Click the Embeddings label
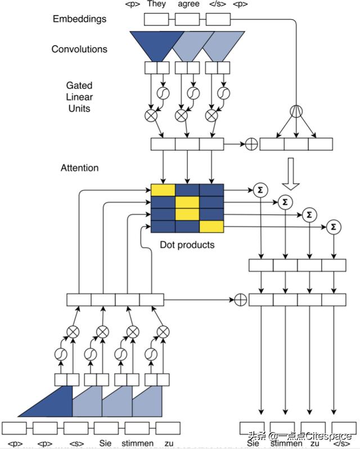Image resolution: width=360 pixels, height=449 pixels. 79,19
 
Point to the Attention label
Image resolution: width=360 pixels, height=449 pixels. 80,168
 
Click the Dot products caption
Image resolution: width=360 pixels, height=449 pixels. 187,245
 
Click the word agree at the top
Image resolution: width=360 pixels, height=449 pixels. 189,5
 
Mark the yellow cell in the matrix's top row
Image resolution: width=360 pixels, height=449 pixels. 163,190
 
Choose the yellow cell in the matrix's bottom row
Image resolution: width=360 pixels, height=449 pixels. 211,227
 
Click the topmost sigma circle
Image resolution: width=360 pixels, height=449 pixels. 260,188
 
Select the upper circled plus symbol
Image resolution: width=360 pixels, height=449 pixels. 251,144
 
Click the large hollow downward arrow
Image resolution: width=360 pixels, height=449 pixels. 291,174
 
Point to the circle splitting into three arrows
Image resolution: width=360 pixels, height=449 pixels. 296,111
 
